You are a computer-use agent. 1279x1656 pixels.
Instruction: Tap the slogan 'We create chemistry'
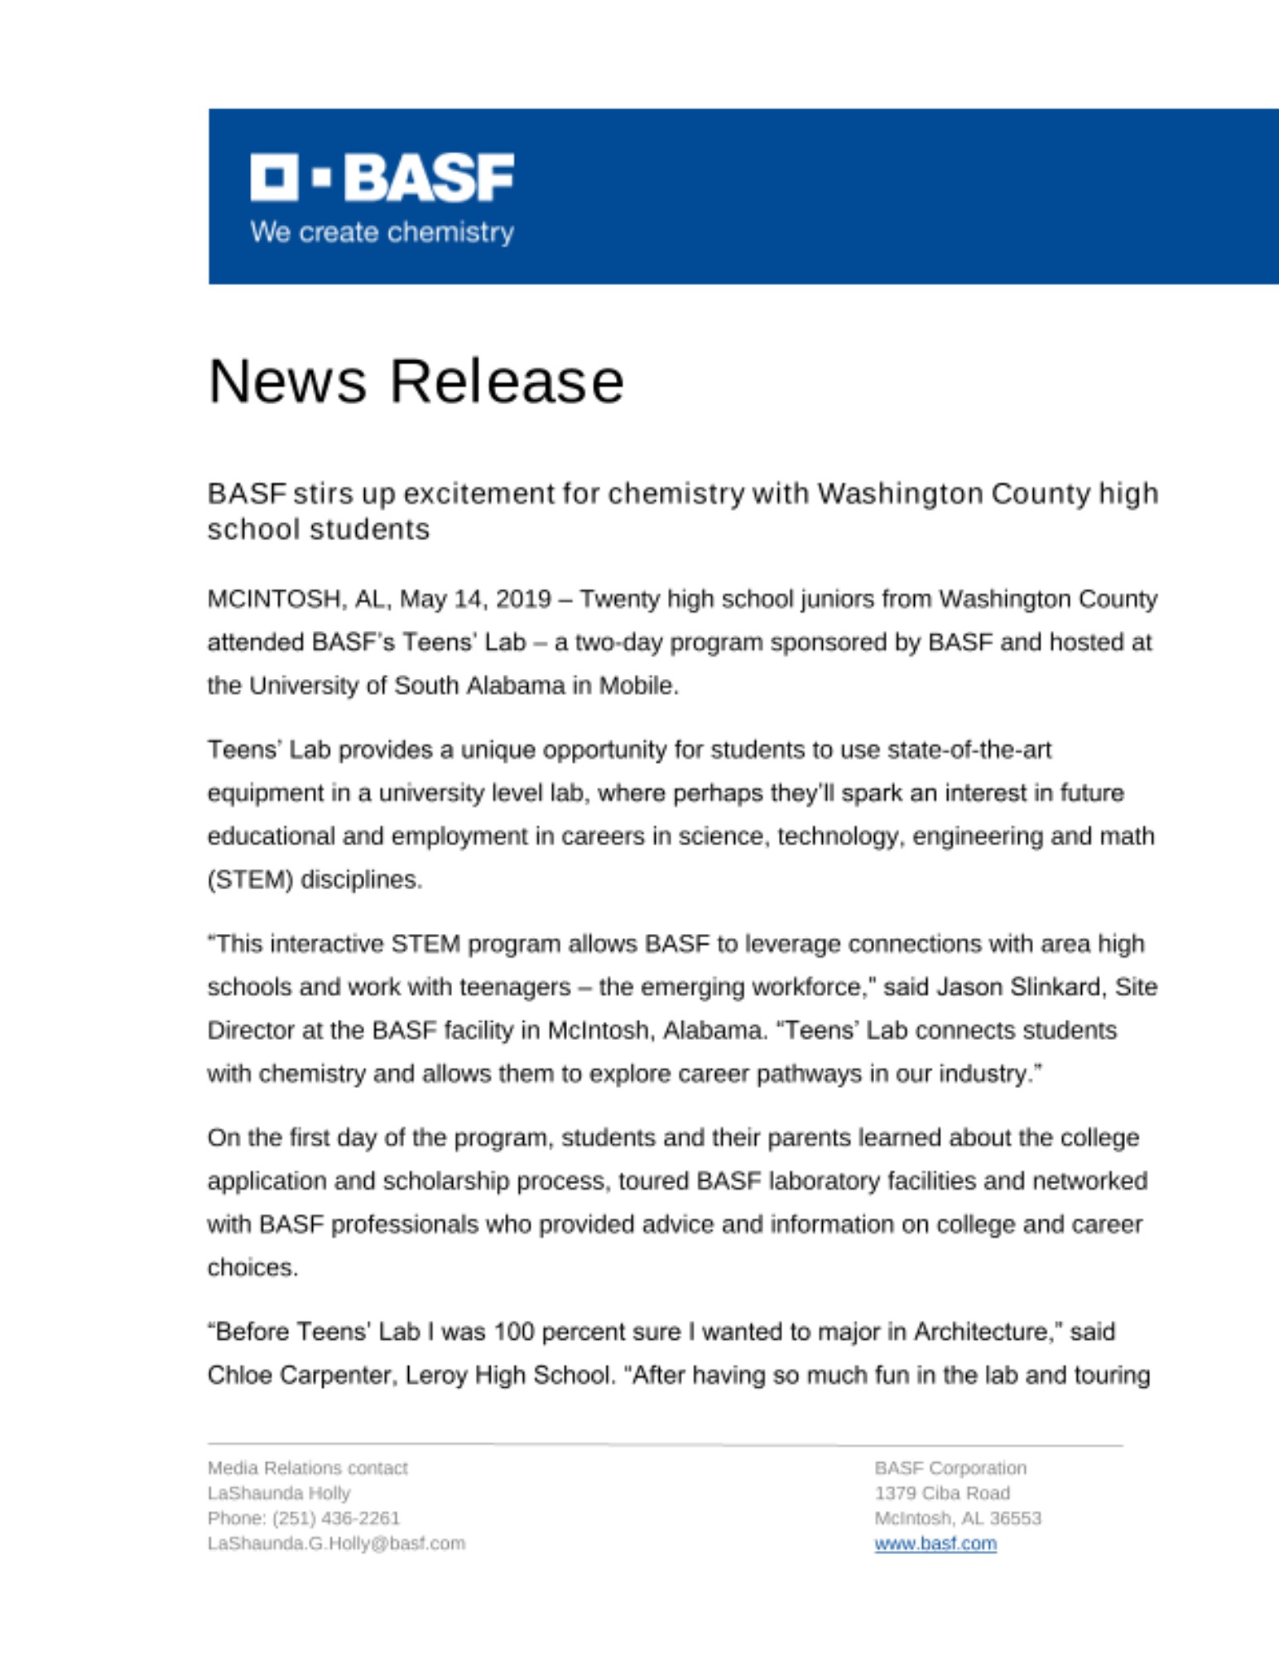coord(382,232)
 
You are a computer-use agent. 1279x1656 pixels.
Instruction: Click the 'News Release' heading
coord(416,382)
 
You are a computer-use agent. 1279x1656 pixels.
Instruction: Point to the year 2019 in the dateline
coord(523,599)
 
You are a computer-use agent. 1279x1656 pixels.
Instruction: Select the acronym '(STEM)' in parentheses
coord(250,879)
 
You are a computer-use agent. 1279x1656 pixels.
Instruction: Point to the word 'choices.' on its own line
coord(252,1268)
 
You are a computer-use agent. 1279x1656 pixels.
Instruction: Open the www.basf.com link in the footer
coord(935,1543)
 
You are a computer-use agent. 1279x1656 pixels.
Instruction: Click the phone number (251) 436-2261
coord(336,1519)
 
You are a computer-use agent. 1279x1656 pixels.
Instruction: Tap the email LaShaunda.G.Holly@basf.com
coord(336,1543)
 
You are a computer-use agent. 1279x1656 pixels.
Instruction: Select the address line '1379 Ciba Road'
coord(942,1493)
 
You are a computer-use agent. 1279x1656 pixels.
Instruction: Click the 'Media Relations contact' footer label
coord(307,1468)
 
